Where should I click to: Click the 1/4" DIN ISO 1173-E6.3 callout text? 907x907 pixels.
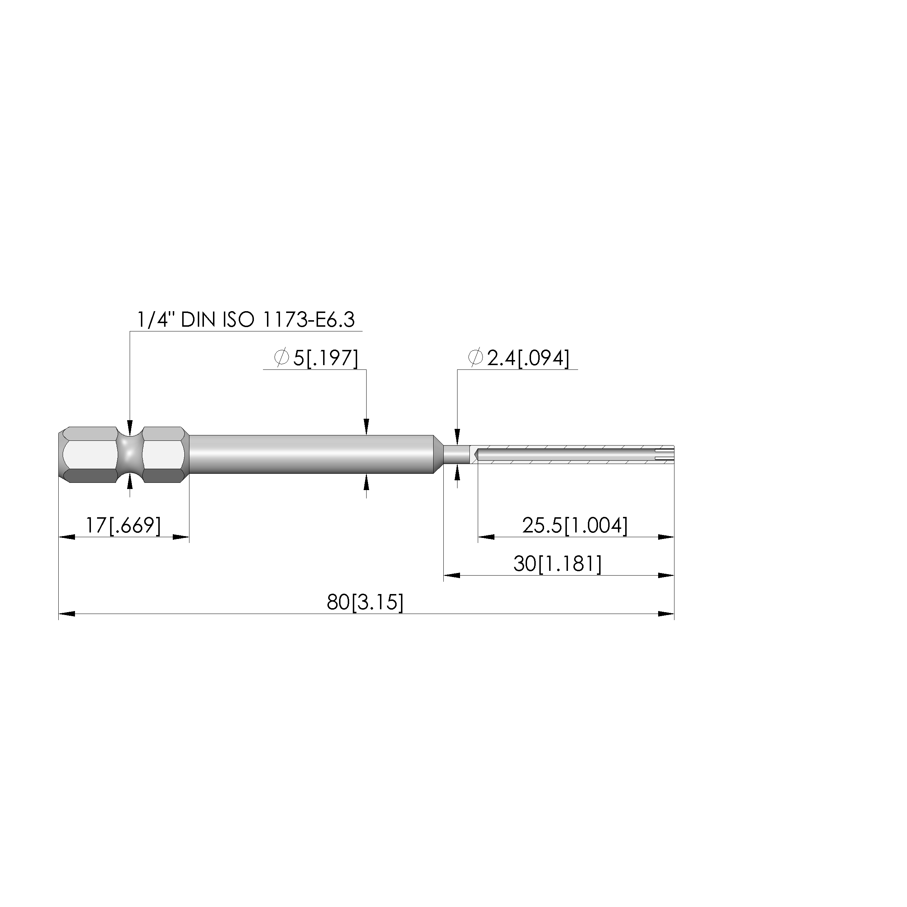point(246,320)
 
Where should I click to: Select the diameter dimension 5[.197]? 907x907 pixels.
point(325,358)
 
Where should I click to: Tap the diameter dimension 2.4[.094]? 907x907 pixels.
point(528,358)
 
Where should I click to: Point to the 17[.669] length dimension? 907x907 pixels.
point(124,525)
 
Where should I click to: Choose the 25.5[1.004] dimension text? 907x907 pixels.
point(574,525)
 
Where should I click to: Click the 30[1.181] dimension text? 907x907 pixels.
point(557,564)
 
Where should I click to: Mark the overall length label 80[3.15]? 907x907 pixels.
point(365,602)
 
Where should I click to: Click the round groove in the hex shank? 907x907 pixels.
point(130,455)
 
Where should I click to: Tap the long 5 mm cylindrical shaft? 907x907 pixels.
point(311,455)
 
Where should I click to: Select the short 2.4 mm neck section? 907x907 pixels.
point(456,455)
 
